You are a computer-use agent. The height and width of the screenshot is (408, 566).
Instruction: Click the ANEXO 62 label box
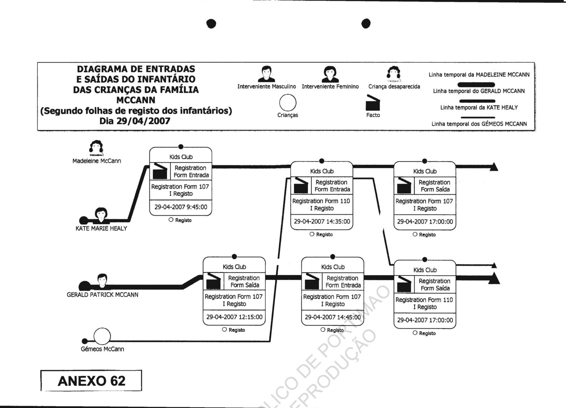point(91,381)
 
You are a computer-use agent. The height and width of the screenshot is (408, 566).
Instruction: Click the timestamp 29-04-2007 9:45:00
point(181,207)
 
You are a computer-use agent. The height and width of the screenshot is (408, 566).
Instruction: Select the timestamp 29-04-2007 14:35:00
point(322,222)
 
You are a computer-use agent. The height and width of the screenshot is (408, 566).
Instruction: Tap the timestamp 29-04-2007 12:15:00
point(234,317)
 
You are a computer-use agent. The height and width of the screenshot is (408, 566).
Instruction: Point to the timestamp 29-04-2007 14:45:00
point(332,317)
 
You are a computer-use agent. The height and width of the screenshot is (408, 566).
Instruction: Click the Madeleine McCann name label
point(97,161)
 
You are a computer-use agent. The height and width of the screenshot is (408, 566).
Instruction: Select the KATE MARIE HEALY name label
point(101,228)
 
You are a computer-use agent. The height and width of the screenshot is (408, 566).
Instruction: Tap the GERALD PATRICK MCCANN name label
point(102,295)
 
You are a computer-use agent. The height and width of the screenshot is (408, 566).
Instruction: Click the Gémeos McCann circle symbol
point(102,336)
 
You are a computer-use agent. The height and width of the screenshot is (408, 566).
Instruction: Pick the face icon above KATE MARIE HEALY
point(101,214)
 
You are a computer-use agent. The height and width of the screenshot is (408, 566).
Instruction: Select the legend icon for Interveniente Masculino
point(266,74)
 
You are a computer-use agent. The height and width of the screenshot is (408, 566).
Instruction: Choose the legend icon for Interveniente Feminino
point(330,74)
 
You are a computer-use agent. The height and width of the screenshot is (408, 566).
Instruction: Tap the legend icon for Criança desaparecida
point(394,74)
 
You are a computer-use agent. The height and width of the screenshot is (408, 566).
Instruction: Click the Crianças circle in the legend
point(288,102)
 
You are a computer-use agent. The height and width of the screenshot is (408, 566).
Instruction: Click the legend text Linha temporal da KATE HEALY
point(479,108)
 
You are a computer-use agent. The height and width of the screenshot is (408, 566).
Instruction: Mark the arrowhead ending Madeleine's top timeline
point(494,167)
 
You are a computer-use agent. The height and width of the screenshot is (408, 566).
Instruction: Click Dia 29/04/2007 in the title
point(135,121)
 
